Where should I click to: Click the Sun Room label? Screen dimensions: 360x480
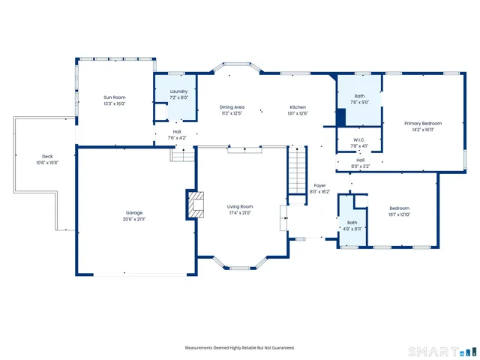(x=114, y=97)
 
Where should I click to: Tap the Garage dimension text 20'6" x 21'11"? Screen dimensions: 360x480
(x=134, y=219)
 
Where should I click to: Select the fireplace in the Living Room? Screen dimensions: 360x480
(x=196, y=204)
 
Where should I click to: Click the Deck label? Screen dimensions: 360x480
(x=47, y=156)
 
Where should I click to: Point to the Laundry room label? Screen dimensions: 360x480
(x=178, y=91)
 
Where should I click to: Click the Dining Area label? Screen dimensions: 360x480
(x=232, y=107)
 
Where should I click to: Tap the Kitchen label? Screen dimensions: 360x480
(x=298, y=107)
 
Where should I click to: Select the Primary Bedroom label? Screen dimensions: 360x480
(x=423, y=123)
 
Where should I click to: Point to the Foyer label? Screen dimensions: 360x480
(x=319, y=185)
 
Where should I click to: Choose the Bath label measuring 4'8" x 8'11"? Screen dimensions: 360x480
(x=352, y=223)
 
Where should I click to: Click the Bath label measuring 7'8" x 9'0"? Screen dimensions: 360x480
(x=359, y=96)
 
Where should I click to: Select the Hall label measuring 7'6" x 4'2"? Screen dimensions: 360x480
(x=177, y=132)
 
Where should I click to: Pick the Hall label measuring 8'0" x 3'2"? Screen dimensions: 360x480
(x=360, y=160)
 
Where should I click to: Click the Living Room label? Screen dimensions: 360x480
(x=240, y=206)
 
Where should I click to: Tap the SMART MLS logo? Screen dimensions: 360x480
(x=439, y=351)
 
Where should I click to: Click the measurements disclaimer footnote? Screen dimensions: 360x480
(x=240, y=347)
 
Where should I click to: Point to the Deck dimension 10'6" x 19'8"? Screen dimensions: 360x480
(x=47, y=163)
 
